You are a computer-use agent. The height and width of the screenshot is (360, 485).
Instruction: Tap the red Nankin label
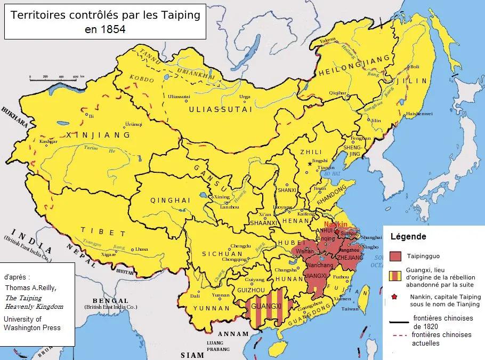(336, 224)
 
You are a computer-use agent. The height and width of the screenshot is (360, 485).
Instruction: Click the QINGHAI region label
(171, 201)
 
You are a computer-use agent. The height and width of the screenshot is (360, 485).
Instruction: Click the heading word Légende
(408, 236)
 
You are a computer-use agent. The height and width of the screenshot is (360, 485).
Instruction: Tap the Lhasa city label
(142, 249)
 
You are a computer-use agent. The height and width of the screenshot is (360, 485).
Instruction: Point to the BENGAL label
(108, 301)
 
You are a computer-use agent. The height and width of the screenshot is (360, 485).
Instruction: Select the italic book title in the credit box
(34, 302)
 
